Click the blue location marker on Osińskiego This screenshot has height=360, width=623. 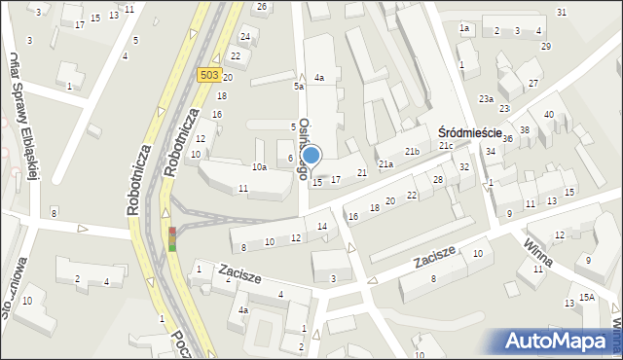click(311, 155)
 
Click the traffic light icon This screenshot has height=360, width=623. click(172, 238)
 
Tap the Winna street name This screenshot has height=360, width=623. click(536, 251)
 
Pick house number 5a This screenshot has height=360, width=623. click(300, 86)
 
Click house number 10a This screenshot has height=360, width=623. click(259, 167)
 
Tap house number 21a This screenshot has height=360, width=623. click(385, 164)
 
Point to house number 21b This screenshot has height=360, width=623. click(412, 152)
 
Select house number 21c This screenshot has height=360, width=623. click(445, 146)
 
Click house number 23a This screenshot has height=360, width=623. click(486, 99)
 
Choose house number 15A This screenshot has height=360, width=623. click(586, 298)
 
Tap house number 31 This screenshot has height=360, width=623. click(562, 12)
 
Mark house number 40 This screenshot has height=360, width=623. click(548, 115)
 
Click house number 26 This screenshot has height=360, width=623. click(261, 7)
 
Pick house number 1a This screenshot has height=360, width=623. click(464, 28)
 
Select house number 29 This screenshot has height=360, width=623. click(546, 47)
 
